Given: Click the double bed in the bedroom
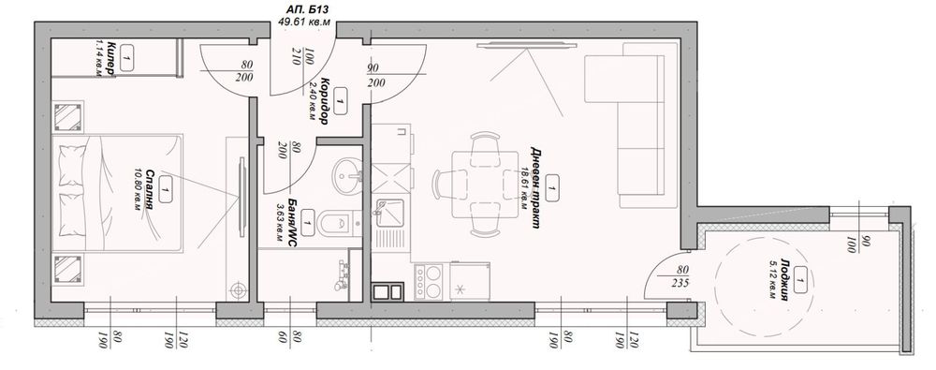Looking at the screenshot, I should pos(112,193).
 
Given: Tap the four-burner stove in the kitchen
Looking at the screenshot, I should pos(428,279).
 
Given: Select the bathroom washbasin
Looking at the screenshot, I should pos(346,174).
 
